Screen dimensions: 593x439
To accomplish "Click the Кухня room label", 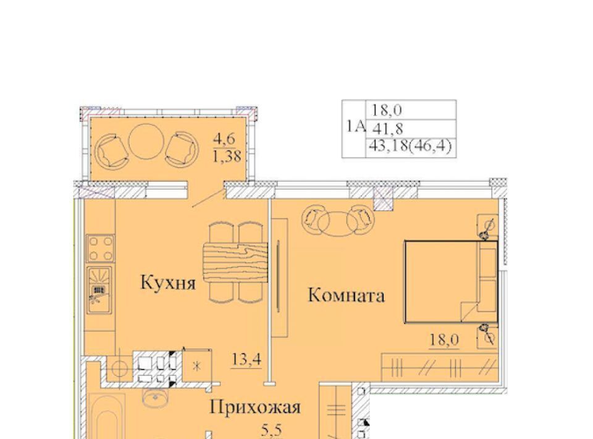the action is point(168,283).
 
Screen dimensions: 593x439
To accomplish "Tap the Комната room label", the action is point(346,295).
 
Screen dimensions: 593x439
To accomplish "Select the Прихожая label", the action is point(255,407).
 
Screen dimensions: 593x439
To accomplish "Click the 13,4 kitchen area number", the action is point(246,359).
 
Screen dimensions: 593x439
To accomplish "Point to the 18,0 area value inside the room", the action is point(444,339).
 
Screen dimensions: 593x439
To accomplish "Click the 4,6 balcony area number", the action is point(224,139).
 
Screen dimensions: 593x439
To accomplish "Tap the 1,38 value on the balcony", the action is point(227,156).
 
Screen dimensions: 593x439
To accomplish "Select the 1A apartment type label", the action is point(356,127).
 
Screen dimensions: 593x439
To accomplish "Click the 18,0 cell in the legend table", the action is point(387,110).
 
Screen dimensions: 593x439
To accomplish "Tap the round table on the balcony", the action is point(146,142).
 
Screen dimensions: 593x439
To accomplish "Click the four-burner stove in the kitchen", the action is point(100,249).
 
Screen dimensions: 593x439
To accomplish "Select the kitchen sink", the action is point(99,290).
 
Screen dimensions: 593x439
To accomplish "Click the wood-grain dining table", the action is point(235,263).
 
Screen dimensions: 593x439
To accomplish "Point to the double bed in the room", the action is point(451,281).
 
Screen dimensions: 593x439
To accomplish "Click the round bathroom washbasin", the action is point(154,398).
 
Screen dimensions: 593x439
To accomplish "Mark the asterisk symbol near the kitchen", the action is point(196,366).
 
